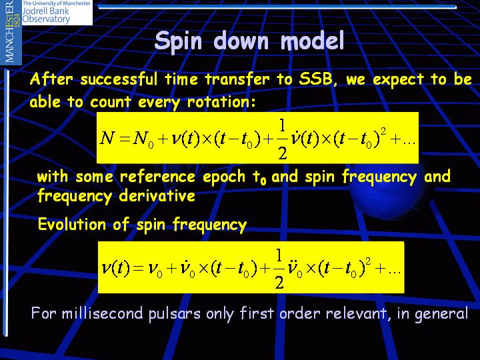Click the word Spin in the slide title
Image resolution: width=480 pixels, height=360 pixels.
[178, 41]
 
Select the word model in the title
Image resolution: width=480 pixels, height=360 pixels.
[313, 41]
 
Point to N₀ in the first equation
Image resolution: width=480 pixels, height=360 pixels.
[143, 139]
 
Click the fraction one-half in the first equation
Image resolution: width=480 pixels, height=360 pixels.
[282, 139]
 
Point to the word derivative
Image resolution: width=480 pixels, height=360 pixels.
[157, 195]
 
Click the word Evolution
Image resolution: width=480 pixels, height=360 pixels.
[72, 224]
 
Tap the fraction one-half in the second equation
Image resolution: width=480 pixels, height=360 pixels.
[279, 269]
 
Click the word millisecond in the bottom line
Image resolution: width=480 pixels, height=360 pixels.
[103, 313]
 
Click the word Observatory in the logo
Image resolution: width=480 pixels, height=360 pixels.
[46, 19]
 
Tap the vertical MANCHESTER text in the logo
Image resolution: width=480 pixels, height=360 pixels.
[11, 31]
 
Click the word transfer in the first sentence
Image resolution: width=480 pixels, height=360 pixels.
[237, 79]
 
